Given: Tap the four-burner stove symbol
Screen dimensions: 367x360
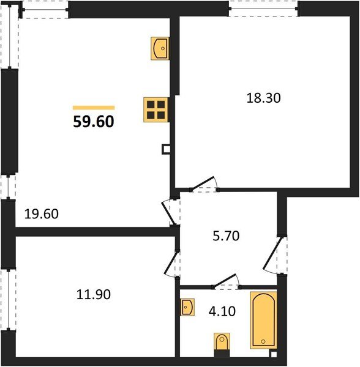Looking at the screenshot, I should click(x=156, y=109).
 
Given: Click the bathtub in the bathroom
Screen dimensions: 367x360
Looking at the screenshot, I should click(x=263, y=320).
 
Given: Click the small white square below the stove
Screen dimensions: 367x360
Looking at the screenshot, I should click(x=165, y=149).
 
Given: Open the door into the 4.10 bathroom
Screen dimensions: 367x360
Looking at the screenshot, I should click(x=226, y=281).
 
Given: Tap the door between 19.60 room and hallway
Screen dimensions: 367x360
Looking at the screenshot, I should click(x=170, y=211).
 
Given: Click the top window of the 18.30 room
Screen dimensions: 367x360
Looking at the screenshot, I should click(x=263, y=8).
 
